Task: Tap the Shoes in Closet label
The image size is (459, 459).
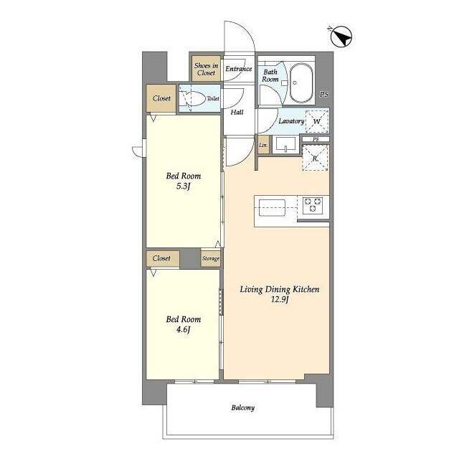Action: pos(205,69)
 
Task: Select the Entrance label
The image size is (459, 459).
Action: pos(239,69)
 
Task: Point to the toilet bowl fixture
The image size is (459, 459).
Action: pos(192,100)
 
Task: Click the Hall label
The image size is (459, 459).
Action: pos(237,112)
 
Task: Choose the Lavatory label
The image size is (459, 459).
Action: pos(291,121)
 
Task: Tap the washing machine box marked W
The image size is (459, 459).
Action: pos(317,121)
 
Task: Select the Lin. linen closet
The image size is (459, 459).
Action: pos(263,146)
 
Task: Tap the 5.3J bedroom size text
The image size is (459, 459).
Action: pos(184,187)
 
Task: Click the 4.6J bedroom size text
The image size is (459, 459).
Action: pos(184,331)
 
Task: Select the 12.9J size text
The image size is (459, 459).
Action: pos(279,301)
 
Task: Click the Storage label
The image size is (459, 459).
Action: pos(210,258)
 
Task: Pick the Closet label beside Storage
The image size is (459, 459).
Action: pos(162,258)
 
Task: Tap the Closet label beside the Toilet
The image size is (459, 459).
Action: pos(162,99)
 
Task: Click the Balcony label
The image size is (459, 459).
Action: pos(242,408)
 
